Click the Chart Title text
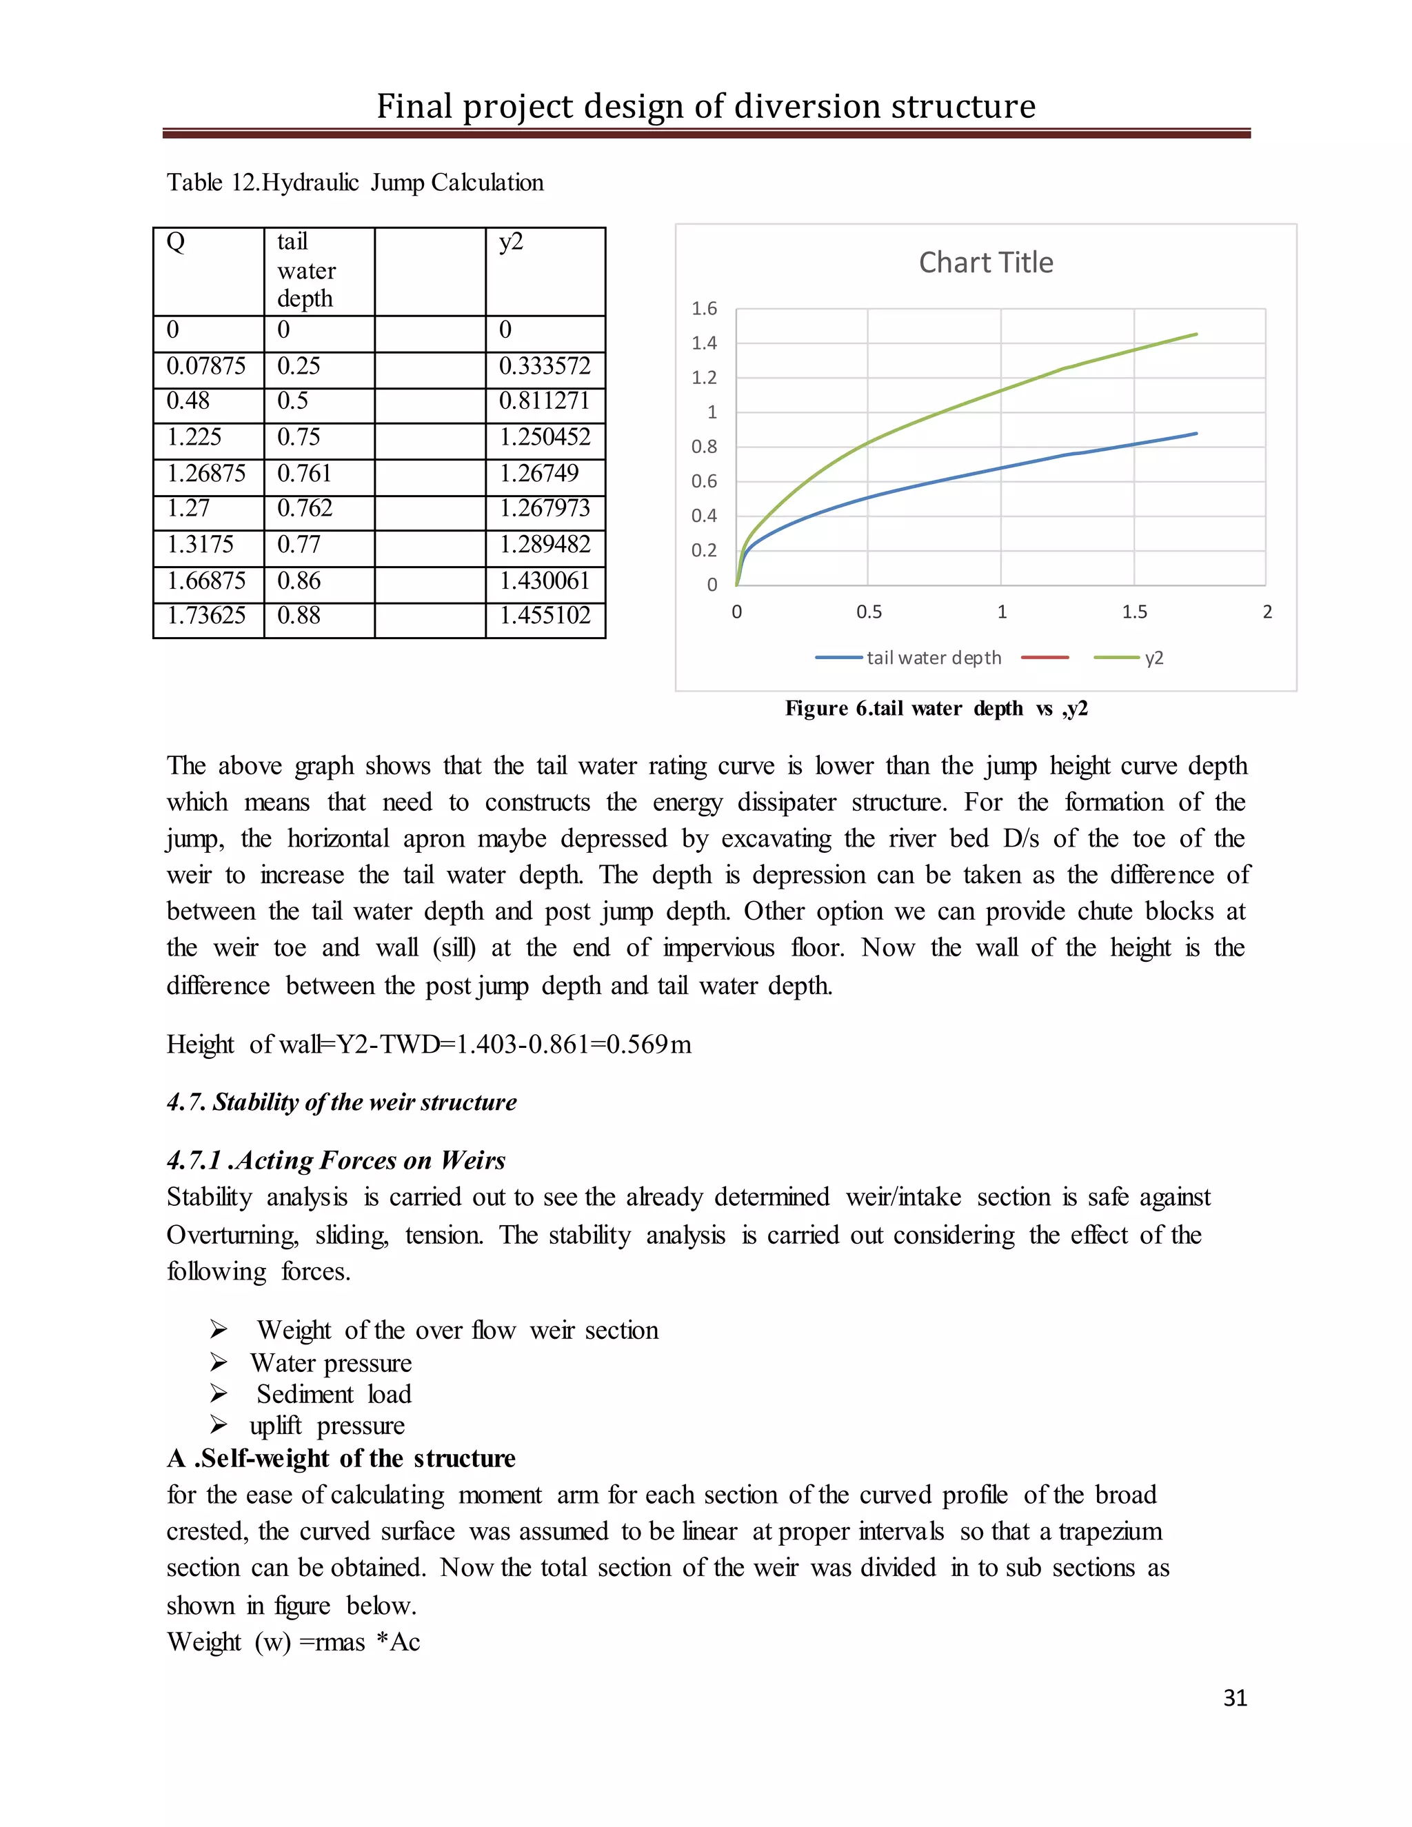tap(985, 263)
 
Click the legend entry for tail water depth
tap(909, 658)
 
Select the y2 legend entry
tap(1129, 658)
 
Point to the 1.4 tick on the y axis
tap(705, 343)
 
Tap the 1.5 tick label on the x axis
tap(1134, 612)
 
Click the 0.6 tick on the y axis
tap(705, 481)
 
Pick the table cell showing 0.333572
tap(545, 366)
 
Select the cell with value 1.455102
tap(545, 616)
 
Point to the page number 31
tap(1235, 1698)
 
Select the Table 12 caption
tap(354, 183)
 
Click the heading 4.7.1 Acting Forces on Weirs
tap(336, 1160)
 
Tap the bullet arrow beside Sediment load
tap(219, 1393)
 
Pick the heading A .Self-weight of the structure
tap(341, 1458)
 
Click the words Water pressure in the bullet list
tap(331, 1363)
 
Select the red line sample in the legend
tap(1044, 658)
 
